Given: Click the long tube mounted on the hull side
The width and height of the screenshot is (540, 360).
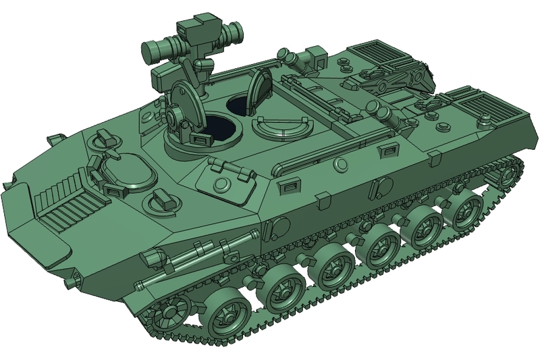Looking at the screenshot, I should (x=196, y=250).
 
